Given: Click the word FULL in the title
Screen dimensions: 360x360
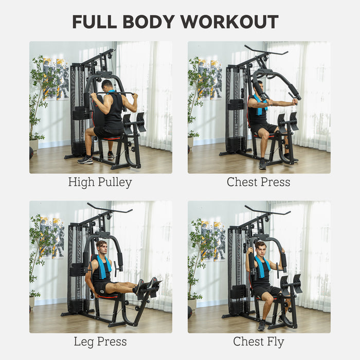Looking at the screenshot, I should [x=95, y=22].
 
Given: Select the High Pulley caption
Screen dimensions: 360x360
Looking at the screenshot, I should [x=100, y=182].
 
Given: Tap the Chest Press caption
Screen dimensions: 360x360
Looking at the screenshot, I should [x=259, y=182].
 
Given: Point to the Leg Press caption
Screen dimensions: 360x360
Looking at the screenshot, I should [x=100, y=341].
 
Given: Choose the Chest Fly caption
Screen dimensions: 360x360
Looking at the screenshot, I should [x=259, y=341].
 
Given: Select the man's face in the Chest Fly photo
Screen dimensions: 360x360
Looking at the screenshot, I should [x=261, y=248].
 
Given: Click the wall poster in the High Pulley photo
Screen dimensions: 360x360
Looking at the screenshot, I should [x=56, y=78].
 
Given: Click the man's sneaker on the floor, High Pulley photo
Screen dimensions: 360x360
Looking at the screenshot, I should [x=85, y=159].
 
